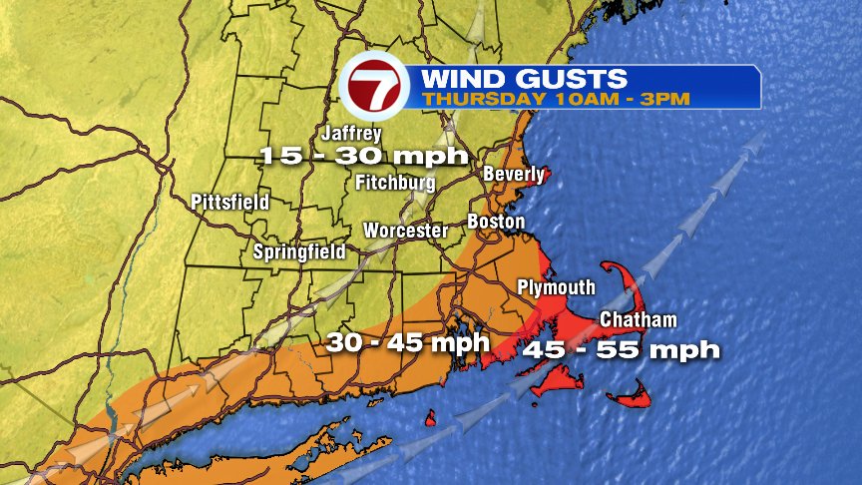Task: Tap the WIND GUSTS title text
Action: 523,79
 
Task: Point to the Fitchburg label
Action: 395,183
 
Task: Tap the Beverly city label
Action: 514,175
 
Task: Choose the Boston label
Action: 496,221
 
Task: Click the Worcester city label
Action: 405,230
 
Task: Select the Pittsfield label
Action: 230,203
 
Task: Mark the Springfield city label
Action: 299,251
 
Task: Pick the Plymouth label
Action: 556,287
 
